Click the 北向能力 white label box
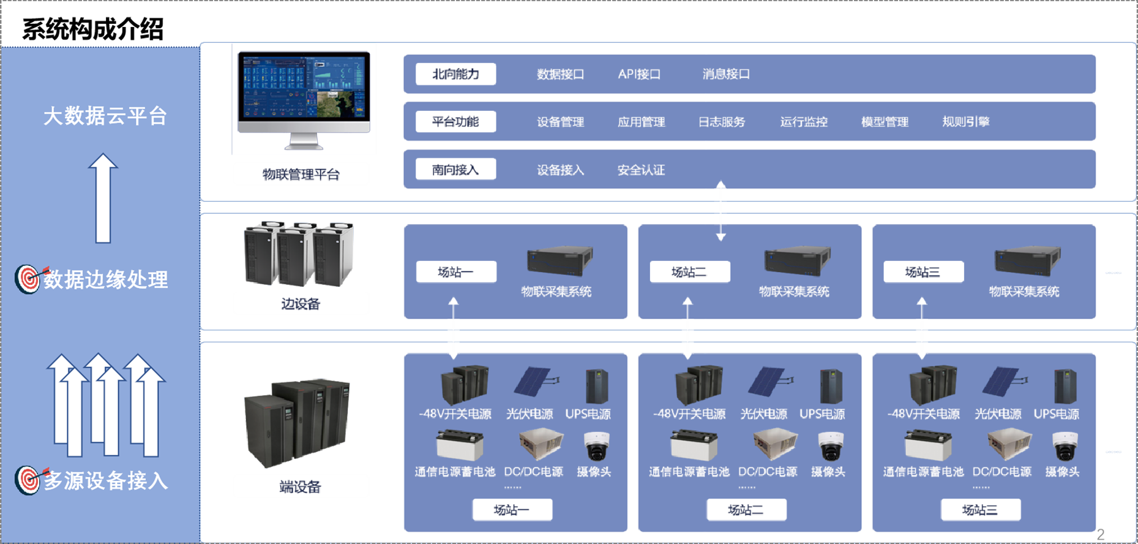455,74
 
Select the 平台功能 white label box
455,121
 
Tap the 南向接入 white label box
455,169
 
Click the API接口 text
639,74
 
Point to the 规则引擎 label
965,121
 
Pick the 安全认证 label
641,170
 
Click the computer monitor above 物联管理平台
304,98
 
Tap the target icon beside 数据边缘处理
28,279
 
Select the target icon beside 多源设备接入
28,480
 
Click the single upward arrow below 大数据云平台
103,197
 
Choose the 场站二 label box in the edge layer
690,272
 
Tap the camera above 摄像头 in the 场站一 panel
596,445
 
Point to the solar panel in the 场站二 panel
767,382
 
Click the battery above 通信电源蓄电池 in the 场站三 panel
928,445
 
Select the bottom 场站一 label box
512,510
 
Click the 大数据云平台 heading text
105,116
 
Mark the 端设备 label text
300,487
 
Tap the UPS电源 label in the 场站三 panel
1056,414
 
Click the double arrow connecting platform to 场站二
721,210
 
